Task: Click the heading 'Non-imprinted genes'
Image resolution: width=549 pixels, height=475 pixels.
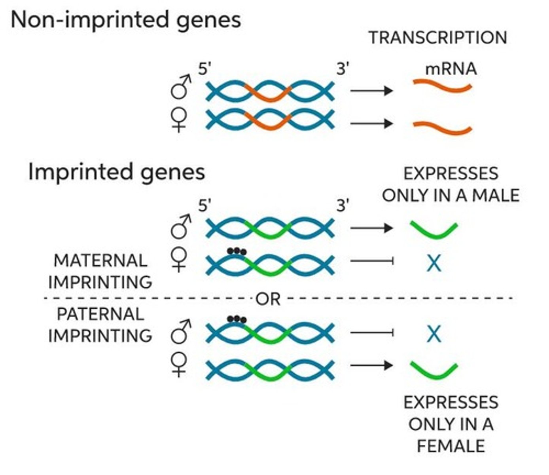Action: tap(126, 20)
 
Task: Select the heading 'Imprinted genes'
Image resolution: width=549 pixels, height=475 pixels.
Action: tap(117, 172)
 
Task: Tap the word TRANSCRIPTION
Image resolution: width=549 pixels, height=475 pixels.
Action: tap(438, 38)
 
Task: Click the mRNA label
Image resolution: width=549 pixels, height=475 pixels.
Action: tap(451, 69)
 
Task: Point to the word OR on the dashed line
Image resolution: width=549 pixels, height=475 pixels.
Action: tap(268, 299)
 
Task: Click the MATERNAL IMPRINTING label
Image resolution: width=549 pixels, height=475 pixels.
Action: tap(100, 272)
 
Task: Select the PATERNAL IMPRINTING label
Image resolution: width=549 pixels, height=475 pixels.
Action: tap(100, 325)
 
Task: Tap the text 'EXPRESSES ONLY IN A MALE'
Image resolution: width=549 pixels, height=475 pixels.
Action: tap(451, 184)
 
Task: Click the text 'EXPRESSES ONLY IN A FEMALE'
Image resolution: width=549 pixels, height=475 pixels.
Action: tap(451, 424)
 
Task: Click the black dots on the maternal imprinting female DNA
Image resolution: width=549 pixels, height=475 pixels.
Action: tap(237, 251)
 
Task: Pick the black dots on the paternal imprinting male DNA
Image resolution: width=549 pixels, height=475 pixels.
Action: tap(237, 319)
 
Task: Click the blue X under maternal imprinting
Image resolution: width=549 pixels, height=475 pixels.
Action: tap(434, 263)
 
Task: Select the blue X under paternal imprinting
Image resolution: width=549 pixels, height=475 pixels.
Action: tap(434, 334)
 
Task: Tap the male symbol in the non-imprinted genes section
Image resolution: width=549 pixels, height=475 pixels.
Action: tap(181, 87)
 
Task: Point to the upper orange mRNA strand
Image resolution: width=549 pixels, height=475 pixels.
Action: tap(442, 86)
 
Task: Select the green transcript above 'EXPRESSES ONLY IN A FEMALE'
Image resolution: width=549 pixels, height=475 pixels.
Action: tap(434, 370)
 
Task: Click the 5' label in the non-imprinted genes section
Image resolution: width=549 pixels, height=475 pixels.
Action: tap(205, 69)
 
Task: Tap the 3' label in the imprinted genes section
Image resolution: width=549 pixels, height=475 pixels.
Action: tap(343, 206)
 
